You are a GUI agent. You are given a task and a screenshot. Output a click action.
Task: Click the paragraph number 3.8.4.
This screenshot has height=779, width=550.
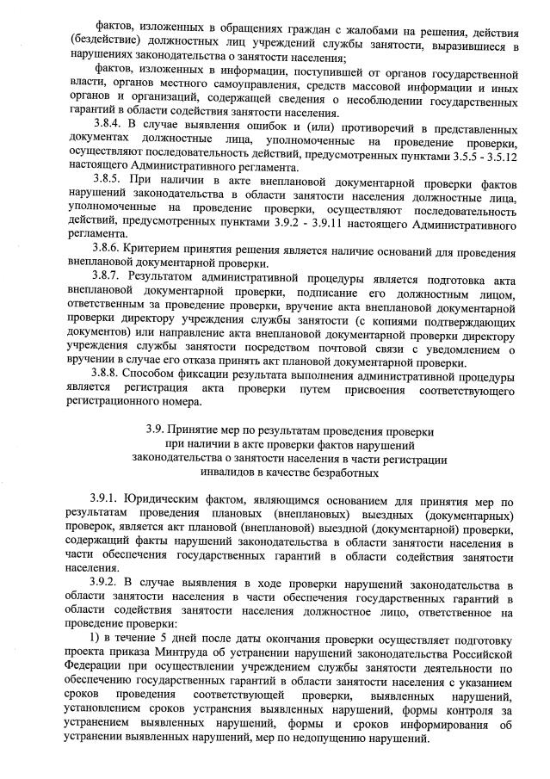109,124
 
